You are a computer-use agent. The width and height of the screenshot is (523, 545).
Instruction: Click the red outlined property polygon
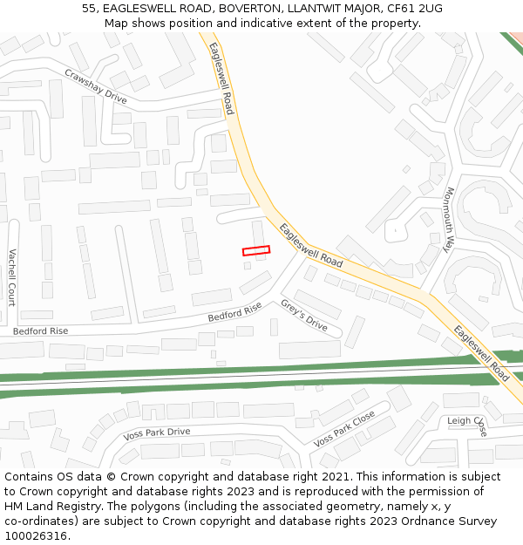click(x=256, y=251)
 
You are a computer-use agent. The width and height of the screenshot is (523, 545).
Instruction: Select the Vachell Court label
click(x=12, y=277)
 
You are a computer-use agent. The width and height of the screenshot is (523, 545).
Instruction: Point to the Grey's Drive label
click(x=303, y=316)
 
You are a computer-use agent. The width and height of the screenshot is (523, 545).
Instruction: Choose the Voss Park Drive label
click(x=157, y=433)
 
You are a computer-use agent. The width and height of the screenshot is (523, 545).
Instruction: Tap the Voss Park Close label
click(x=344, y=428)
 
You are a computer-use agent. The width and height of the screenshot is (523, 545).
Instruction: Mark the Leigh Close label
click(x=467, y=421)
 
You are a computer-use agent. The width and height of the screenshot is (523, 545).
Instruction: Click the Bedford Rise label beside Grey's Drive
click(x=234, y=311)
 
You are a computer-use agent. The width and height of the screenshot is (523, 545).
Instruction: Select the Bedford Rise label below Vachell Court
click(x=40, y=331)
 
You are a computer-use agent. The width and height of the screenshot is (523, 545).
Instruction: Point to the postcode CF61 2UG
click(x=411, y=8)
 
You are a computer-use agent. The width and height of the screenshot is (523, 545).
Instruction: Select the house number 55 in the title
click(x=90, y=8)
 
